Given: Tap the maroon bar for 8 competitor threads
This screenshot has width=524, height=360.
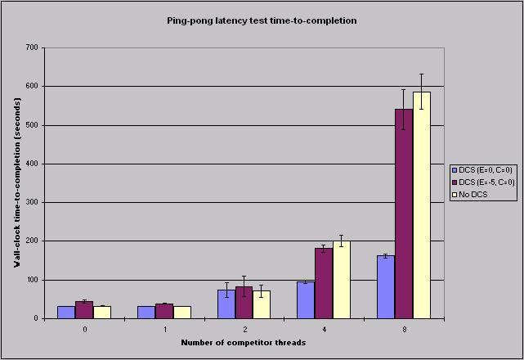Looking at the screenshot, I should (404, 214).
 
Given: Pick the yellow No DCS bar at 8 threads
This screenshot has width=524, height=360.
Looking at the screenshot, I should (421, 205).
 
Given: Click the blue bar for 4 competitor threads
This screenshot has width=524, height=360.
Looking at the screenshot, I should (306, 299).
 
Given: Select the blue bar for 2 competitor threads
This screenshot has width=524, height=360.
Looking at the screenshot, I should (226, 304).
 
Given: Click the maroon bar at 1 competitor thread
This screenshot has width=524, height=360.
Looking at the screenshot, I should (164, 311).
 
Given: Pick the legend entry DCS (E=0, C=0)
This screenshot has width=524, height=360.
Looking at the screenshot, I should (487, 169).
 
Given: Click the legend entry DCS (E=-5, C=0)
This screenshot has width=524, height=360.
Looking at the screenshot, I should (488, 182).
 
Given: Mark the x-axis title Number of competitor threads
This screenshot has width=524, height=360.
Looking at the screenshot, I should (244, 342).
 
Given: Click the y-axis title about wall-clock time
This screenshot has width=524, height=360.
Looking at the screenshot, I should (16, 183).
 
